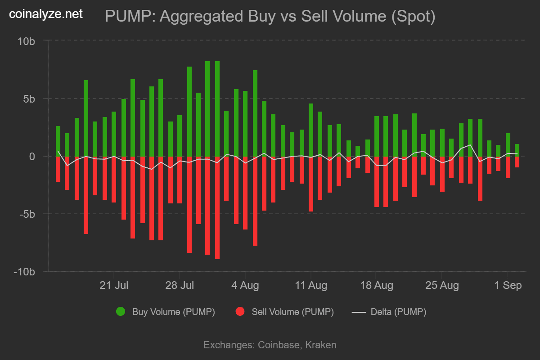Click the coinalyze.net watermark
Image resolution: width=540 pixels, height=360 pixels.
click(x=46, y=14)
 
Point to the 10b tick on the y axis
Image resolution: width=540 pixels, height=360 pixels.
click(x=26, y=41)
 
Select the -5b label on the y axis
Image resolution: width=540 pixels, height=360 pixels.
click(x=26, y=214)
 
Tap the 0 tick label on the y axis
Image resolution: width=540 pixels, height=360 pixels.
click(x=32, y=157)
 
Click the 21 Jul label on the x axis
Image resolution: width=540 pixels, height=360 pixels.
click(x=114, y=285)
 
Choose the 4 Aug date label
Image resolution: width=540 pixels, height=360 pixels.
click(x=245, y=285)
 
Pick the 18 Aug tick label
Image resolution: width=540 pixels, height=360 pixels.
click(x=377, y=285)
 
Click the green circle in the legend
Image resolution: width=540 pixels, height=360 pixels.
click(x=121, y=312)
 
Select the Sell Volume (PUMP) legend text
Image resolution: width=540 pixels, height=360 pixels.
click(x=292, y=312)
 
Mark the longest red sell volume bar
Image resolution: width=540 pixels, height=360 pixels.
click(x=217, y=207)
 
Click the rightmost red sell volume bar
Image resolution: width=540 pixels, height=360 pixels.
click(x=517, y=162)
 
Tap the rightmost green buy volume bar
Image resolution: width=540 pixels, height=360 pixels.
click(x=517, y=150)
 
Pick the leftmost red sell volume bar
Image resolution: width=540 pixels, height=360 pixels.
click(x=58, y=169)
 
